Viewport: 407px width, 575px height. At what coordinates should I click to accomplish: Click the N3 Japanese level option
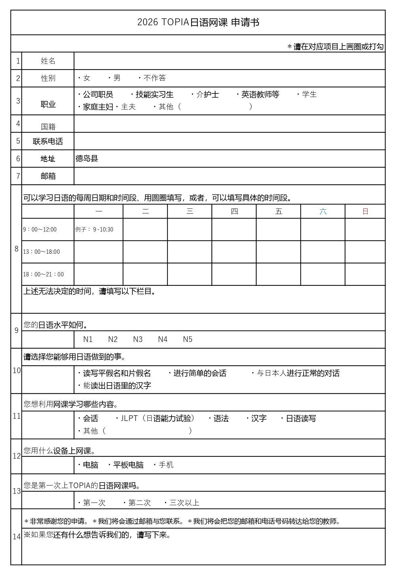coord(138,339)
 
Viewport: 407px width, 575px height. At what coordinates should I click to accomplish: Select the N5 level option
coord(188,339)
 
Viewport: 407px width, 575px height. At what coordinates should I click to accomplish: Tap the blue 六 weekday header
coord(323,211)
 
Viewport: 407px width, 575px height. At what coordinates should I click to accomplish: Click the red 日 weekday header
coord(365,211)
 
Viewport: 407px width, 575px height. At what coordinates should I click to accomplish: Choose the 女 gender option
coord(86,78)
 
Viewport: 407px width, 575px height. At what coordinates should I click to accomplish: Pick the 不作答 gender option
coord(155,78)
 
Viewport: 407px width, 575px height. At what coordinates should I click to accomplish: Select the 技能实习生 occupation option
coord(154,94)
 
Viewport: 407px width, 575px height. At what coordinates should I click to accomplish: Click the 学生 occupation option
coord(309,94)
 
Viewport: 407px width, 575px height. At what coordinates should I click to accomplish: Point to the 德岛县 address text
coord(87,159)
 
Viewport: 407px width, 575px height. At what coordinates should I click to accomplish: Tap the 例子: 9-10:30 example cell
coord(95,229)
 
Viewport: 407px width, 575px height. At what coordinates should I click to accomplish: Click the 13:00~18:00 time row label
coord(41,252)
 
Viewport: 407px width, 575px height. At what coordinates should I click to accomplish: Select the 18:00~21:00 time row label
coord(43,274)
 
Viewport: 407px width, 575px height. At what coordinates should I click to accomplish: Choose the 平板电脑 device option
coord(128,465)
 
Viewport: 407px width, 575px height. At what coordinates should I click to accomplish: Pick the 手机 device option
coord(166,465)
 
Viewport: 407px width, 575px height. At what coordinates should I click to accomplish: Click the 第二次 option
coord(139,503)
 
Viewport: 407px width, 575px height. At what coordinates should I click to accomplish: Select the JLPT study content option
coord(129,418)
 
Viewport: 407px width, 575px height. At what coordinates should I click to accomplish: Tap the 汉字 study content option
coord(259,418)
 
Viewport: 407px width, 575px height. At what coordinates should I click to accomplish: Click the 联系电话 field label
coord(48,141)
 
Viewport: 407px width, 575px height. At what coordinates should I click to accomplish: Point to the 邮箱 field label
coord(48,176)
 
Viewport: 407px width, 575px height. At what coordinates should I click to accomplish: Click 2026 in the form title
coord(148,22)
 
